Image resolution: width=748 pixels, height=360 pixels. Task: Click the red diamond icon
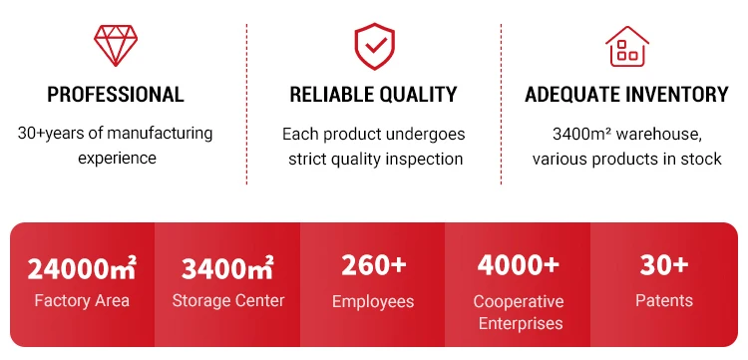click(116, 45)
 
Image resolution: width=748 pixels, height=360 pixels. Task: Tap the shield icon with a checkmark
click(374, 46)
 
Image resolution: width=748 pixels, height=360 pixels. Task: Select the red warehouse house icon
click(627, 46)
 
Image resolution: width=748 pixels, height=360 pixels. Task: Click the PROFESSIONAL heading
click(116, 95)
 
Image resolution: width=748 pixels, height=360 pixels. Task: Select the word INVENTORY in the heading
click(677, 95)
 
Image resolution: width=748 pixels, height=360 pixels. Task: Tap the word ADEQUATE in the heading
click(571, 95)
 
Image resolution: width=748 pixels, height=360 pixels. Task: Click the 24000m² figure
click(82, 268)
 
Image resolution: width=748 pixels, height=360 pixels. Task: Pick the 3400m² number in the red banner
click(227, 268)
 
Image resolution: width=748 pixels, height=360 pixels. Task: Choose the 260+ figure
click(374, 265)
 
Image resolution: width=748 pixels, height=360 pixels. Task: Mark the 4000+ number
click(519, 265)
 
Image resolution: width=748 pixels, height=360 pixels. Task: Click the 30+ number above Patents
click(664, 265)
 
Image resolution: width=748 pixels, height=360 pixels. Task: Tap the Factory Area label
click(82, 301)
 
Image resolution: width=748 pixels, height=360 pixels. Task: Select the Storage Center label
click(228, 301)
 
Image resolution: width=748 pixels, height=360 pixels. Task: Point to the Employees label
click(373, 302)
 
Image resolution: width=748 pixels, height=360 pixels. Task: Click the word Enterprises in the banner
click(521, 324)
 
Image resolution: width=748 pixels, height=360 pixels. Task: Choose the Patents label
click(664, 301)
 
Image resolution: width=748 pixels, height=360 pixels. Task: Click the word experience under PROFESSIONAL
click(117, 159)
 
